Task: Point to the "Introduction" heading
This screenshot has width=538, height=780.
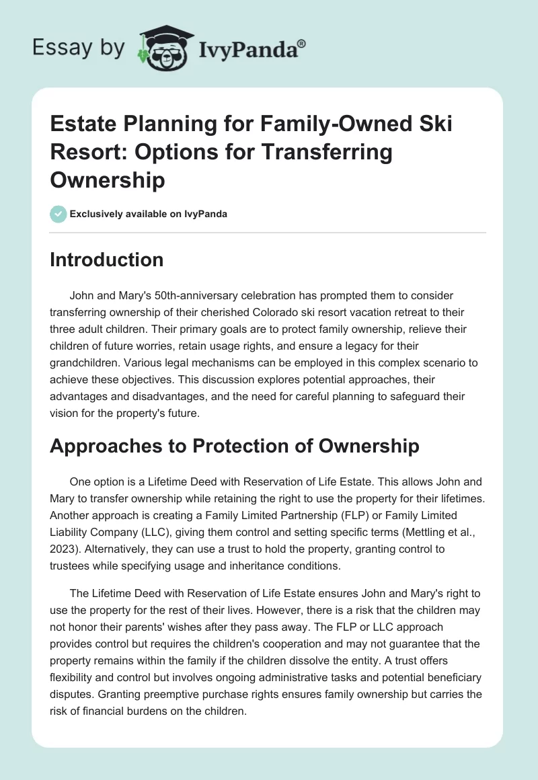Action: [x=106, y=260]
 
